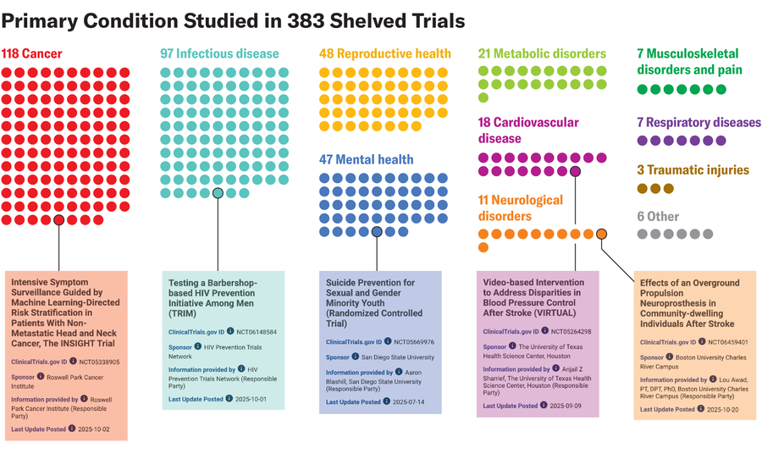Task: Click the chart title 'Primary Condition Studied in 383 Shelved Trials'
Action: point(233,19)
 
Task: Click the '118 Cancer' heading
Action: point(32,54)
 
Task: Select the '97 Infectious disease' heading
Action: point(219,54)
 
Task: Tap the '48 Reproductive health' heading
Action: point(384,54)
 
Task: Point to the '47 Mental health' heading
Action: point(366,159)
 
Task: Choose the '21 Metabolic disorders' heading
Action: point(542,54)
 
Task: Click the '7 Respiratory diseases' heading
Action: point(698,123)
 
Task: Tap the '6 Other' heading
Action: point(657,216)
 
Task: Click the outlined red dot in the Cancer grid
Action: point(58,219)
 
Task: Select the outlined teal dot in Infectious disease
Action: point(218,193)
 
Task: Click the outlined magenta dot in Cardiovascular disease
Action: point(575,171)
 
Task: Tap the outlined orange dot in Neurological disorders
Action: point(601,234)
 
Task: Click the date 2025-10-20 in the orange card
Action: point(724,409)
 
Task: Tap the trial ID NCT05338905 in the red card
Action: point(97,362)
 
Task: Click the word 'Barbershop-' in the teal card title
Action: point(229,282)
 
